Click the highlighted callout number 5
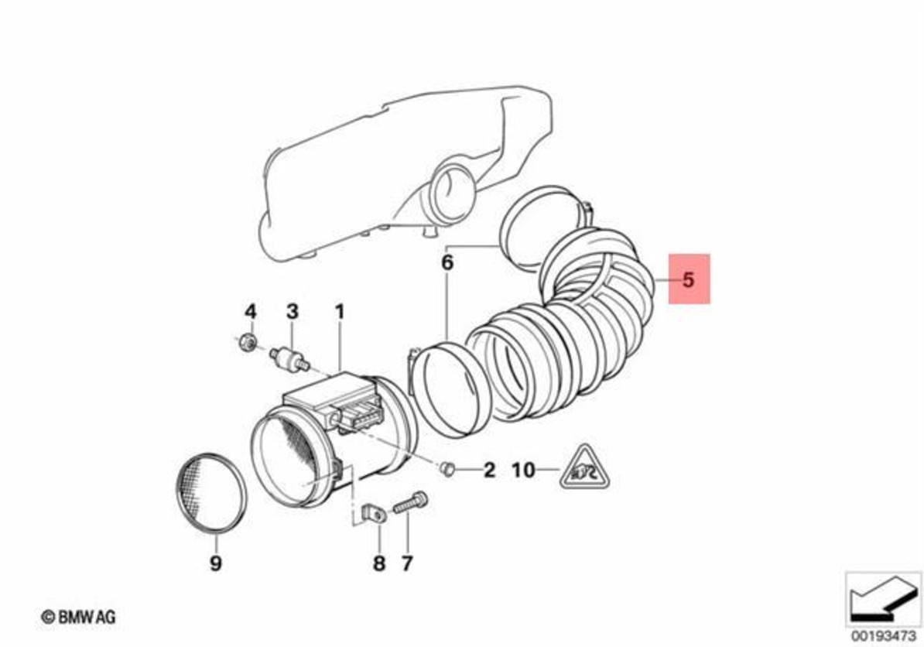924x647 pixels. click(x=688, y=279)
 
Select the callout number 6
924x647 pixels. click(x=447, y=263)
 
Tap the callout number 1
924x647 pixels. click(x=340, y=312)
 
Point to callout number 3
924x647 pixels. click(x=293, y=311)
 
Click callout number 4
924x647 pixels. click(x=251, y=311)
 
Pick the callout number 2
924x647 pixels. click(x=489, y=471)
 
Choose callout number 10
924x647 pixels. click(x=523, y=471)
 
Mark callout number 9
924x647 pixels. click(x=216, y=563)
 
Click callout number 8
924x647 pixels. click(x=379, y=563)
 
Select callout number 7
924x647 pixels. click(x=407, y=563)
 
